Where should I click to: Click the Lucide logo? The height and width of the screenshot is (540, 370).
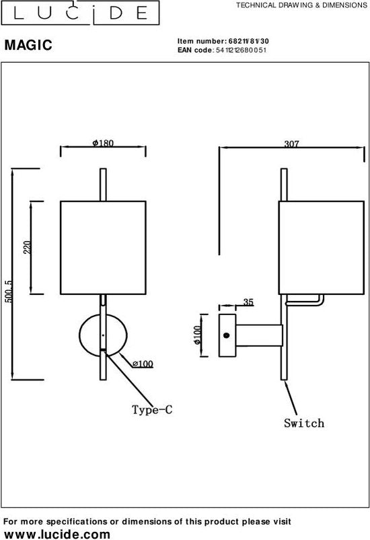pyautogui.click(x=80, y=13)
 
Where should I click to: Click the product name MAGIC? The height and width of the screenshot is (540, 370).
pyautogui.click(x=28, y=45)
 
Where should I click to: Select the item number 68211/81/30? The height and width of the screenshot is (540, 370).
pyautogui.click(x=248, y=41)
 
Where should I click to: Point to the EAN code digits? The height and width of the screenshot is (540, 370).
pyautogui.click(x=241, y=50)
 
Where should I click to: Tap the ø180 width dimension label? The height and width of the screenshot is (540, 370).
pyautogui.click(x=103, y=143)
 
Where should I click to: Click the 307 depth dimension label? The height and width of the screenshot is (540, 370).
pyautogui.click(x=291, y=143)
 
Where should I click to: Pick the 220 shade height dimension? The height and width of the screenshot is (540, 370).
pyautogui.click(x=28, y=247)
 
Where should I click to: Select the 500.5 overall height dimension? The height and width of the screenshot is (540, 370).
pyautogui.click(x=9, y=292)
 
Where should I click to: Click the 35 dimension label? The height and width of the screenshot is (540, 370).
pyautogui.click(x=248, y=302)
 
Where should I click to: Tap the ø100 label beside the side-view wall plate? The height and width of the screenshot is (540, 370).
pyautogui.click(x=197, y=335)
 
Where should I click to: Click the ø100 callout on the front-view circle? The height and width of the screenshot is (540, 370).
pyautogui.click(x=143, y=364)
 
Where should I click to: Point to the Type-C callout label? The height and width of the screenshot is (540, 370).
pyautogui.click(x=152, y=409)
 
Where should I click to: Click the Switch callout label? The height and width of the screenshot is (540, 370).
pyautogui.click(x=304, y=423)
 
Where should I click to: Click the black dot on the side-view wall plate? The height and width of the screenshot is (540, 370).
pyautogui.click(x=227, y=335)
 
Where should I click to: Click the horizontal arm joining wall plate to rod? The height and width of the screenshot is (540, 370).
pyautogui.click(x=259, y=335)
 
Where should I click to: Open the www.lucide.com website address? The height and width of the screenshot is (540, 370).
pyautogui.click(x=57, y=534)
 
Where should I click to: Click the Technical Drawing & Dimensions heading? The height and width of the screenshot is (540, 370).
pyautogui.click(x=301, y=5)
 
